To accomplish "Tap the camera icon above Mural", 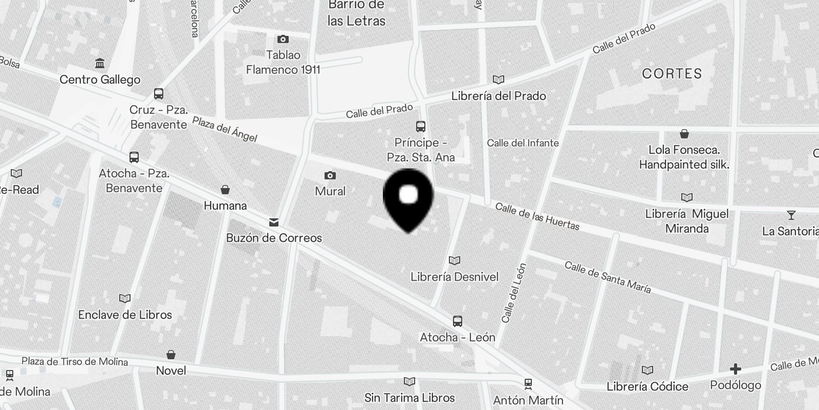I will (x=330, y=176).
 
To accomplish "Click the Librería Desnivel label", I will (x=455, y=277).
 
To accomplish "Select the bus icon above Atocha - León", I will (x=458, y=321).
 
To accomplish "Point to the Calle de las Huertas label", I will (x=537, y=217).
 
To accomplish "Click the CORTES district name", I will (x=672, y=74).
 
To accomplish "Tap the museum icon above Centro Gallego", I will (x=100, y=64).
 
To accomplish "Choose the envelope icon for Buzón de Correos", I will (x=274, y=222).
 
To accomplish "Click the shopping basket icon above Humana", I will (x=225, y=190).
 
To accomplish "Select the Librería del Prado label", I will (x=498, y=96).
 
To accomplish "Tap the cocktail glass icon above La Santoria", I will (x=791, y=216).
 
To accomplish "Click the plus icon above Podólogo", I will (x=735, y=369).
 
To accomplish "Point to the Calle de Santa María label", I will (x=608, y=277).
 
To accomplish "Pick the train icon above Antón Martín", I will (x=528, y=384).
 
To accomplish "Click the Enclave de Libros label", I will (x=125, y=315).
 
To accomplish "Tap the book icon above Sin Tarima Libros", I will (x=409, y=382).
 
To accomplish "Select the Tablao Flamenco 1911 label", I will (x=283, y=62).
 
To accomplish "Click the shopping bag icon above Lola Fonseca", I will (x=684, y=134).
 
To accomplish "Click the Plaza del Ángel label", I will (x=225, y=129).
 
